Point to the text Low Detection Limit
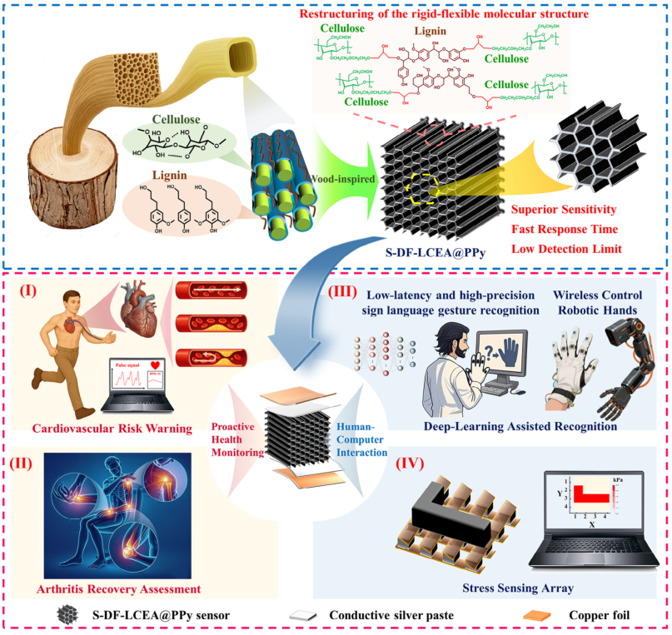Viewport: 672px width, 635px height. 566,249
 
